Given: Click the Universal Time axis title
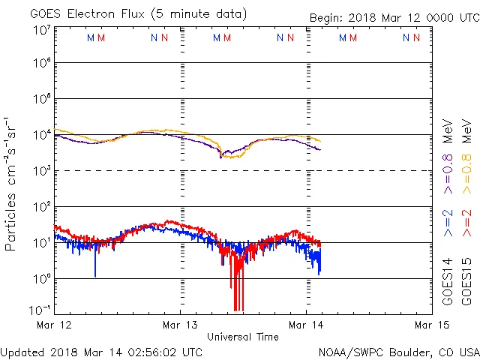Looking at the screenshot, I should [243, 337].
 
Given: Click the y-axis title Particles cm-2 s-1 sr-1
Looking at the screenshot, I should [12, 183].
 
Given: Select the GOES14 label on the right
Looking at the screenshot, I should [448, 280].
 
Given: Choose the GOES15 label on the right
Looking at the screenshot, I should [466, 280].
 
